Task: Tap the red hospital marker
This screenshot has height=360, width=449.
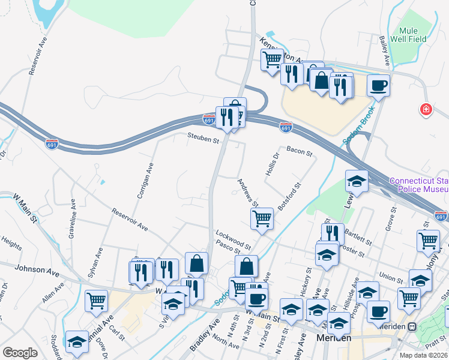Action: coord(426,110)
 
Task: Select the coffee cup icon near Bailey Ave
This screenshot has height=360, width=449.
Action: coord(378,86)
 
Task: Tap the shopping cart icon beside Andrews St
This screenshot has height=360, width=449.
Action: coord(262,220)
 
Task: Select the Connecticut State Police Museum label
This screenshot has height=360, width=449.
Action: coord(418,185)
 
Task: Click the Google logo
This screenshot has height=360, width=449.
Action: coord(20,353)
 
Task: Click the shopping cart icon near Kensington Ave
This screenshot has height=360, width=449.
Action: coord(272,59)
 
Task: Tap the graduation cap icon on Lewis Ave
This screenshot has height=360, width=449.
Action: coord(357,182)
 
